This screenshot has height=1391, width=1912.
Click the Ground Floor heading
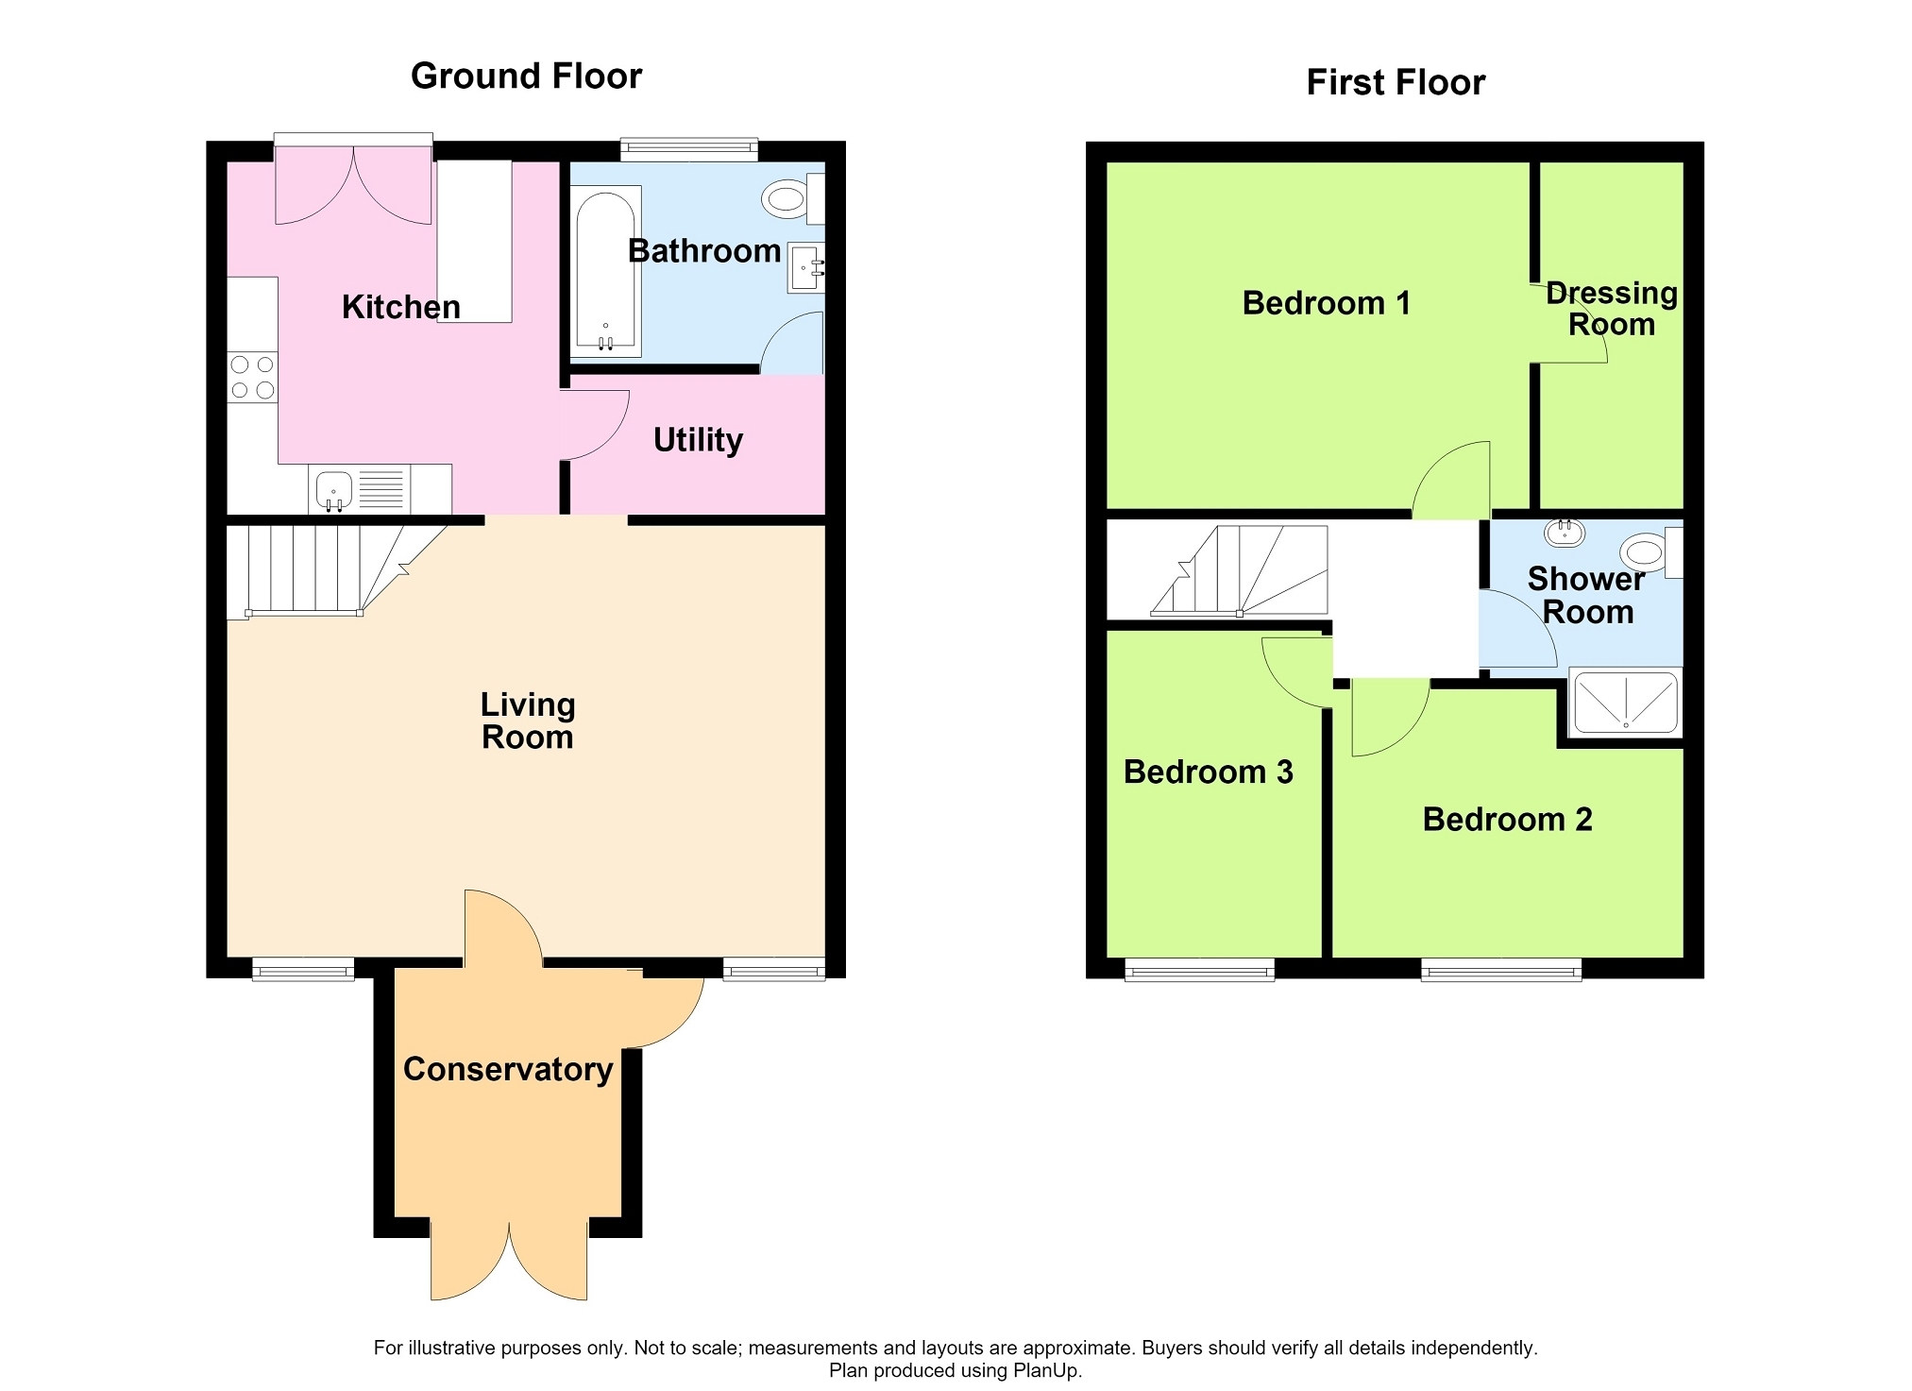tap(526, 76)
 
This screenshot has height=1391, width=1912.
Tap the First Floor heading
tap(1396, 82)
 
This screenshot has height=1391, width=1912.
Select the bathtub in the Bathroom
tap(605, 271)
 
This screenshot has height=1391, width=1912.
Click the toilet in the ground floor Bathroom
tap(792, 198)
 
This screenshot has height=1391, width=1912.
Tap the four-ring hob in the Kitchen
tap(253, 377)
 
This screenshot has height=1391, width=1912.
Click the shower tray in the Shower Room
tap(1625, 702)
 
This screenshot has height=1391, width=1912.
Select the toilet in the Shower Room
tap(1651, 552)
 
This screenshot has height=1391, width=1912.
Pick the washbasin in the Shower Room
tap(1565, 533)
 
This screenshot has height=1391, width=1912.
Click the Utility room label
tap(698, 440)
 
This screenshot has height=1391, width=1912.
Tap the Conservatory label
tap(508, 1069)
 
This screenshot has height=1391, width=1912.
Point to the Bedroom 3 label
tap(1208, 772)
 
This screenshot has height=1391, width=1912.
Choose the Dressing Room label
tap(1612, 309)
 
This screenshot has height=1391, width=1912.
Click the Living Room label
tap(528, 721)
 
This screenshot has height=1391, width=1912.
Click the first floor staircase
tap(1239, 570)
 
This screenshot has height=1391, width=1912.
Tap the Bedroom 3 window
tap(1199, 969)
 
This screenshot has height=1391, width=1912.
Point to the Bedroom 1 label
tap(1326, 303)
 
